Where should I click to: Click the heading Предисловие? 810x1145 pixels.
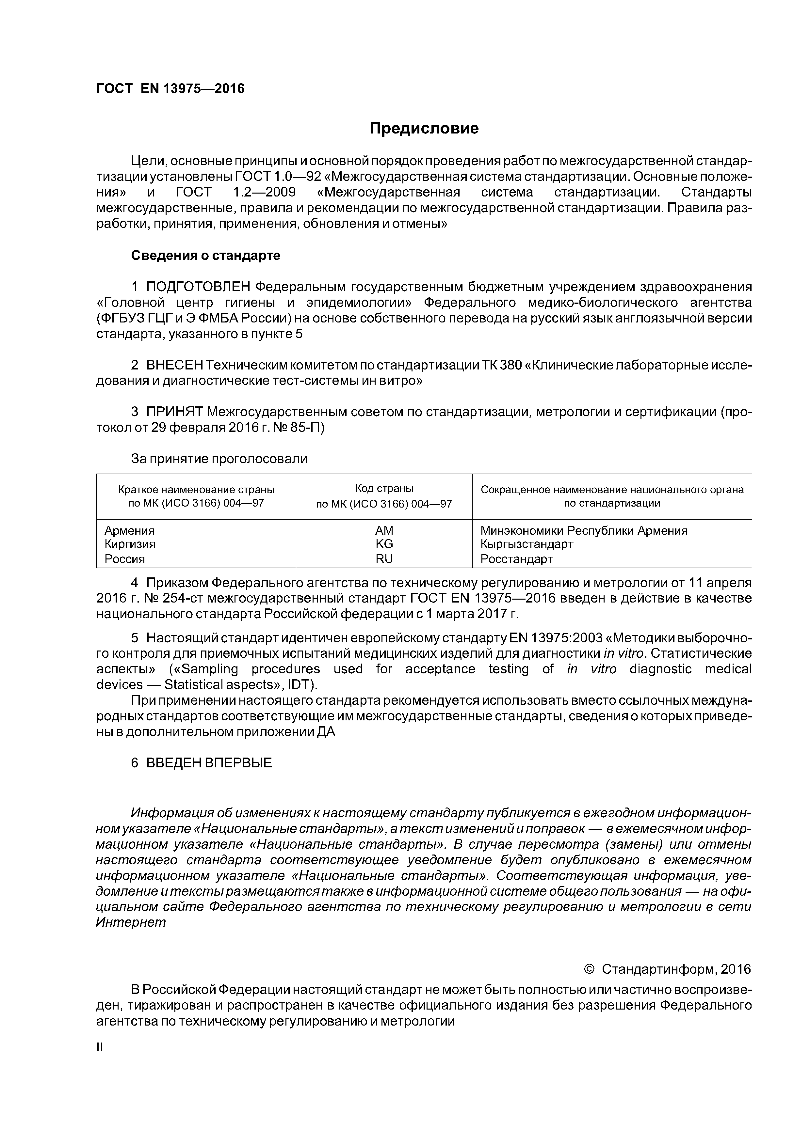coord(424,129)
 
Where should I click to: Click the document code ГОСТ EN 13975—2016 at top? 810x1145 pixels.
coord(170,89)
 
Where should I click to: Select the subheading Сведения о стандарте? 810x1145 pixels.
coord(206,255)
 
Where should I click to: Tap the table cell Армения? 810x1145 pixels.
coord(130,530)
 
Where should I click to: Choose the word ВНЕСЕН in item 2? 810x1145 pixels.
coord(175,365)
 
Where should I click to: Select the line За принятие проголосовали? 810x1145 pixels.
coord(219,459)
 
